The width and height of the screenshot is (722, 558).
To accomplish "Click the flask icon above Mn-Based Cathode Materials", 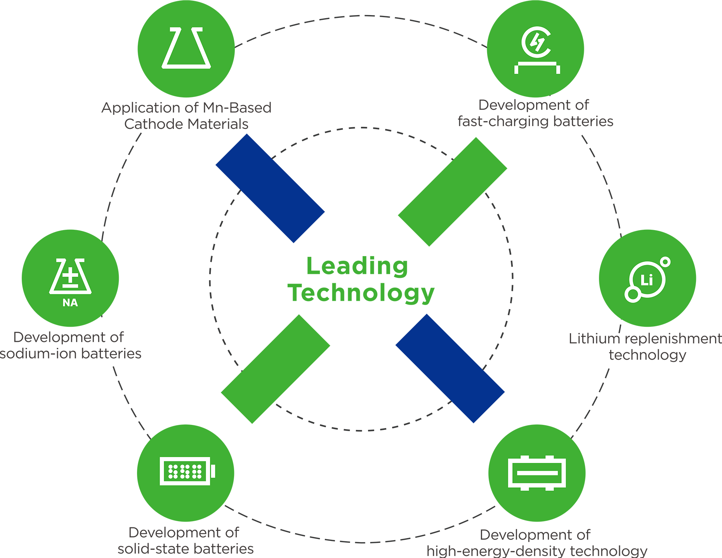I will pos(186,49).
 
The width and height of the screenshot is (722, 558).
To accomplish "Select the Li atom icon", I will pos(647,279).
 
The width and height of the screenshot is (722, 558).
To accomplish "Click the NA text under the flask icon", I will pos(70,303).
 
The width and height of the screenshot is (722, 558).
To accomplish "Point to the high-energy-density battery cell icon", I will pos(537,473).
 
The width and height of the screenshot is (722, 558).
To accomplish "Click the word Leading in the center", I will pos(357,266).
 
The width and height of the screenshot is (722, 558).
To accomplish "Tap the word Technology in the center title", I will pos(361,293).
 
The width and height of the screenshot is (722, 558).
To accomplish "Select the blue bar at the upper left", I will pos(270,188).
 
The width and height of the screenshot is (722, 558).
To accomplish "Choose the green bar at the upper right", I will pos(453,192).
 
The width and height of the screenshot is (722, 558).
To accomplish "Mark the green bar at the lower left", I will pos(276,369).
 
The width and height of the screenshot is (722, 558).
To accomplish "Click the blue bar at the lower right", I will pos(450,368).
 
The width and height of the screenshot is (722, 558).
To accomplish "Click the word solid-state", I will pos(151,549).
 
